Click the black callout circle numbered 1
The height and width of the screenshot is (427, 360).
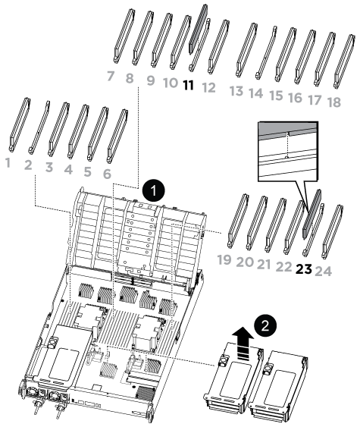point(154,190)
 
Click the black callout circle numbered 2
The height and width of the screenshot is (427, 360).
point(265,325)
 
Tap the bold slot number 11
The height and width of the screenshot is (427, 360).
point(188,86)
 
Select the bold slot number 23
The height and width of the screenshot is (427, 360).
point(304,269)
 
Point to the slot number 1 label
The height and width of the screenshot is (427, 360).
point(8,162)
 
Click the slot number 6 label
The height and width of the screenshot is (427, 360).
point(107,174)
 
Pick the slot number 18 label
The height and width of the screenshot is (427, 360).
point(334,102)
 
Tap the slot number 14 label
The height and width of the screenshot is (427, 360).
point(256,93)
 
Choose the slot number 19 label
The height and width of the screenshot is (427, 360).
point(224,259)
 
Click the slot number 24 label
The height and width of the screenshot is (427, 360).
point(324,272)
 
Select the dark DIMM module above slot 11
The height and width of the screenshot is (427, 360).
point(199,27)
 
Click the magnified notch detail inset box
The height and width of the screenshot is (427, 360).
point(287,151)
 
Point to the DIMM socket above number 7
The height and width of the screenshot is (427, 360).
point(124,36)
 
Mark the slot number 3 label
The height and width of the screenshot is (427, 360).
point(49,167)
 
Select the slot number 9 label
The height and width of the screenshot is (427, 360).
point(151,80)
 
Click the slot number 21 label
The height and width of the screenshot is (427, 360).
point(264,264)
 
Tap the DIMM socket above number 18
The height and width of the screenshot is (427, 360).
point(345,61)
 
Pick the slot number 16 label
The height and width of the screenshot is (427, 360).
point(296,98)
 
